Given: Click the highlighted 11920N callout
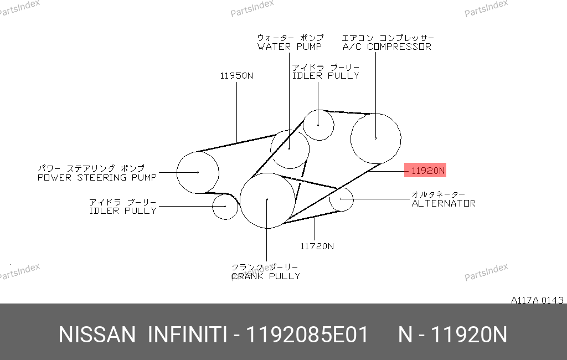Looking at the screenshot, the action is pos(425,170).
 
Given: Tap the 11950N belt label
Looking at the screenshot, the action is pos(236,76).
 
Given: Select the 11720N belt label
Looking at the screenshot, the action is pos(317,246).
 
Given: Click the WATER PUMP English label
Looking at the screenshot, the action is pos(289,47).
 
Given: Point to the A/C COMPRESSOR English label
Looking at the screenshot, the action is pos(387,47).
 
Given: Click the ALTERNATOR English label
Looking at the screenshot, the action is pos(444,203).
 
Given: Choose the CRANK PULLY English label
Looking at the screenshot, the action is pos(266,276).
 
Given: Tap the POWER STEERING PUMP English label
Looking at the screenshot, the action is pos(97,177).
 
